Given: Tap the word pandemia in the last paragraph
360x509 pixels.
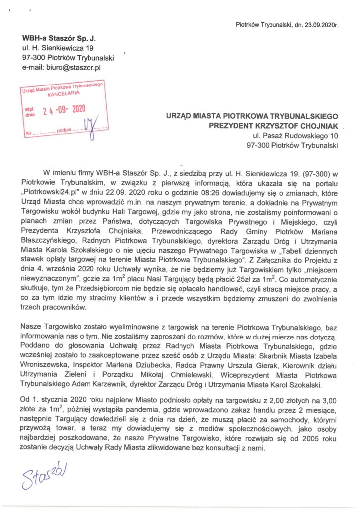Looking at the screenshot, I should (x=196, y=409).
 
